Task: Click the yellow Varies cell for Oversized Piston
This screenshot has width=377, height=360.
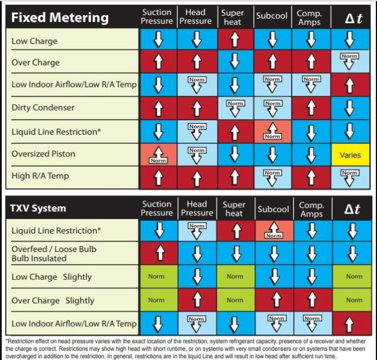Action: click(350, 155)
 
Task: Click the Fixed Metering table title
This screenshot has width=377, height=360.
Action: click(60, 17)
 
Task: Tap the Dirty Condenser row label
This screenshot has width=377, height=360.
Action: click(42, 107)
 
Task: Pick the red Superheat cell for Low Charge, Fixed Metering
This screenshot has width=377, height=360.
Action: click(235, 39)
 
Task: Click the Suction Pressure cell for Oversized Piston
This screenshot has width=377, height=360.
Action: click(157, 155)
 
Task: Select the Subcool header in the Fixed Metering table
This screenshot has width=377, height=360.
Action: click(272, 16)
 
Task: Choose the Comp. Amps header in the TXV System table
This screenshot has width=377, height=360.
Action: click(311, 209)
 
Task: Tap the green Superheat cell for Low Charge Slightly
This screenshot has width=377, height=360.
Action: click(235, 276)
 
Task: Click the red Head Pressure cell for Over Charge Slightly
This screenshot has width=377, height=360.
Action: click(196, 300)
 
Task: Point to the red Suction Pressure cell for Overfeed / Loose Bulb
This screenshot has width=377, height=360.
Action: click(157, 253)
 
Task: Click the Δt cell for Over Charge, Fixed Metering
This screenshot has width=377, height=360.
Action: click(350, 62)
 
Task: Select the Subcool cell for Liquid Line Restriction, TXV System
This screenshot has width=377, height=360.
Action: click(273, 231)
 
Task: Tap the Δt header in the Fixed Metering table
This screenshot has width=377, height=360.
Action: click(350, 17)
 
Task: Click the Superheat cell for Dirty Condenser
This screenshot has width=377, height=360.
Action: click(235, 108)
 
